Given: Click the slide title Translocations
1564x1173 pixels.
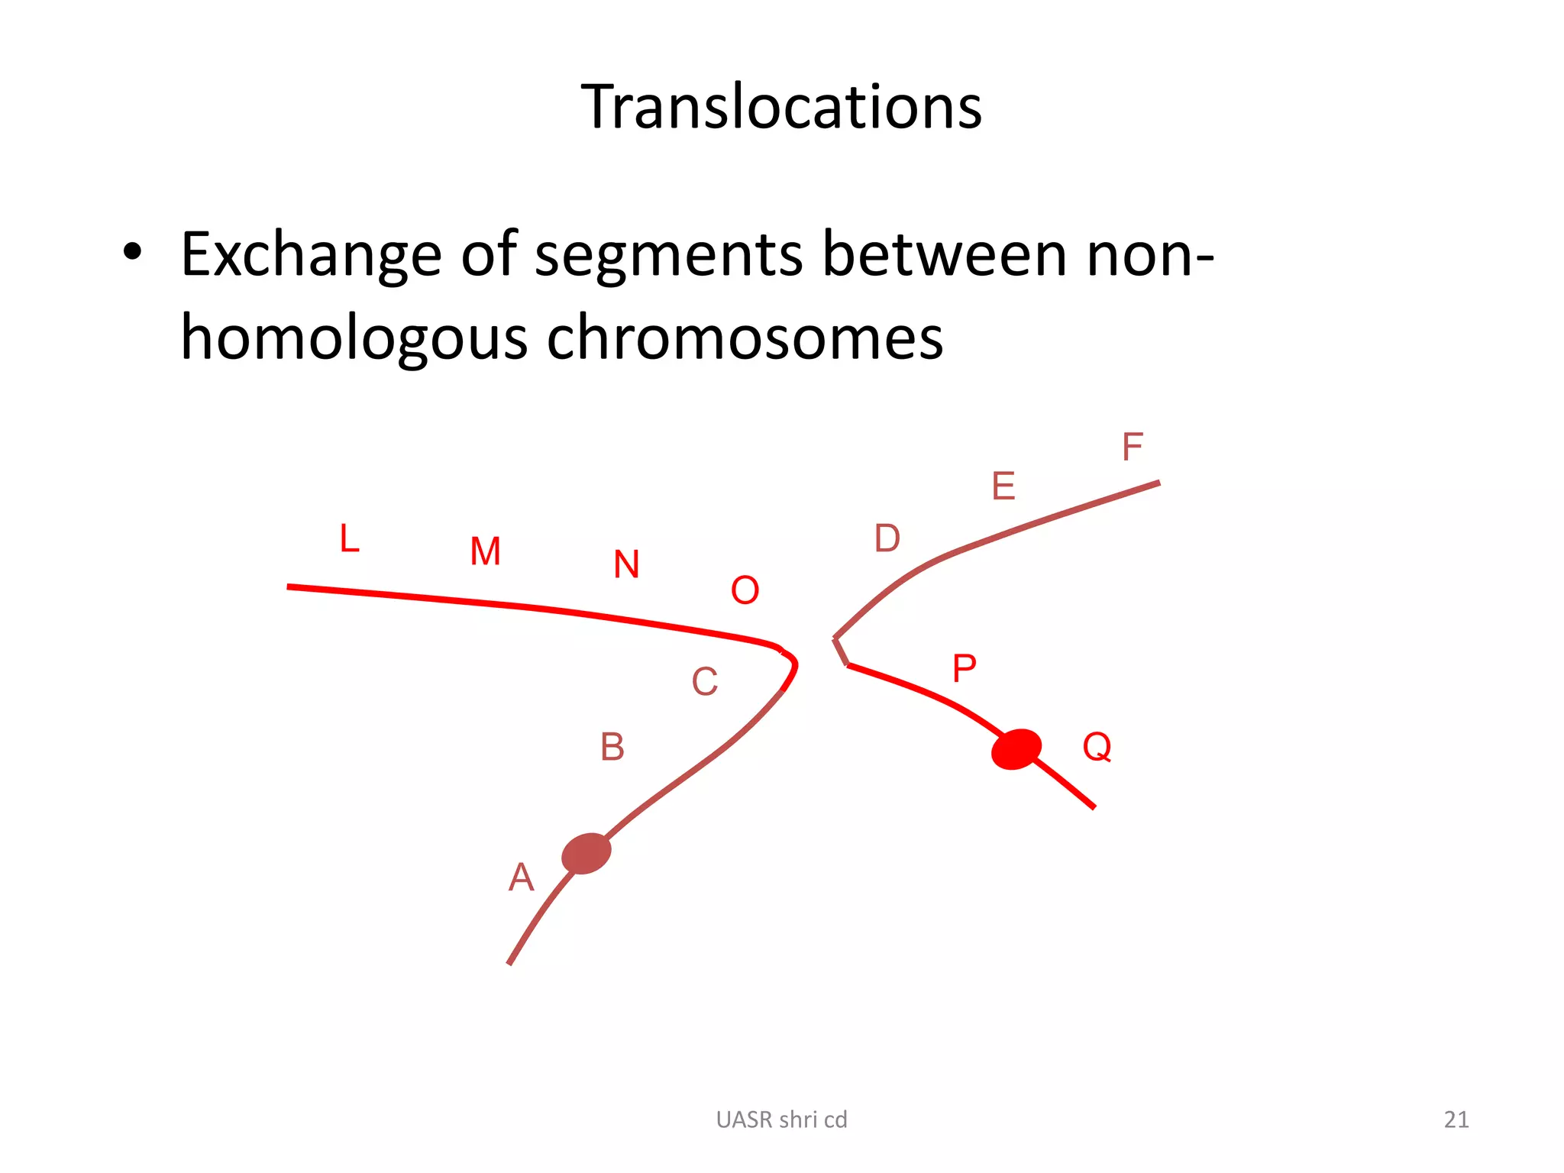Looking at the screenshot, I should click(781, 107).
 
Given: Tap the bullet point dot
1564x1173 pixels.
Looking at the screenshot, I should click(132, 253).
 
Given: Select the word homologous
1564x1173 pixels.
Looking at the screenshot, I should click(354, 338).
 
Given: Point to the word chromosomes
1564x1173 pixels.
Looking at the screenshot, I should click(745, 338).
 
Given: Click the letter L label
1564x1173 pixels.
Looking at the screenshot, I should click(350, 539).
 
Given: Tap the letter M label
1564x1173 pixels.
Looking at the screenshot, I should click(486, 551).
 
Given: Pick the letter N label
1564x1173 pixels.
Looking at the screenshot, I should click(626, 565).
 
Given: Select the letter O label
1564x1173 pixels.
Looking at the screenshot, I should click(745, 590).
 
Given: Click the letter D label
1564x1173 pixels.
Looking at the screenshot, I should click(887, 539).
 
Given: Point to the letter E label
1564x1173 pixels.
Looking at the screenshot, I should click(1003, 486).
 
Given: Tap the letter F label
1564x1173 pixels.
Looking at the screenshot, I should click(1132, 447).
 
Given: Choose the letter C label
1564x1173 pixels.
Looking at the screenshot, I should click(704, 682).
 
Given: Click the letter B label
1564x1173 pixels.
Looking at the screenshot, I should click(612, 747).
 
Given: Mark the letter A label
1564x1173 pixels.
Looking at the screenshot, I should click(521, 877).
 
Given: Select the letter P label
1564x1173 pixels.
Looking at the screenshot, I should click(964, 669).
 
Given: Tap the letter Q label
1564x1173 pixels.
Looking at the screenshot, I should click(1097, 747).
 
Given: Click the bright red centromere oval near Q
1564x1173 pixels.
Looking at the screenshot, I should click(1016, 749).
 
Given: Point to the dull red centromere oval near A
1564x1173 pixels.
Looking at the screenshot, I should click(586, 853).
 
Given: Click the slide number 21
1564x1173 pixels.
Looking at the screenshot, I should click(1456, 1120).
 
